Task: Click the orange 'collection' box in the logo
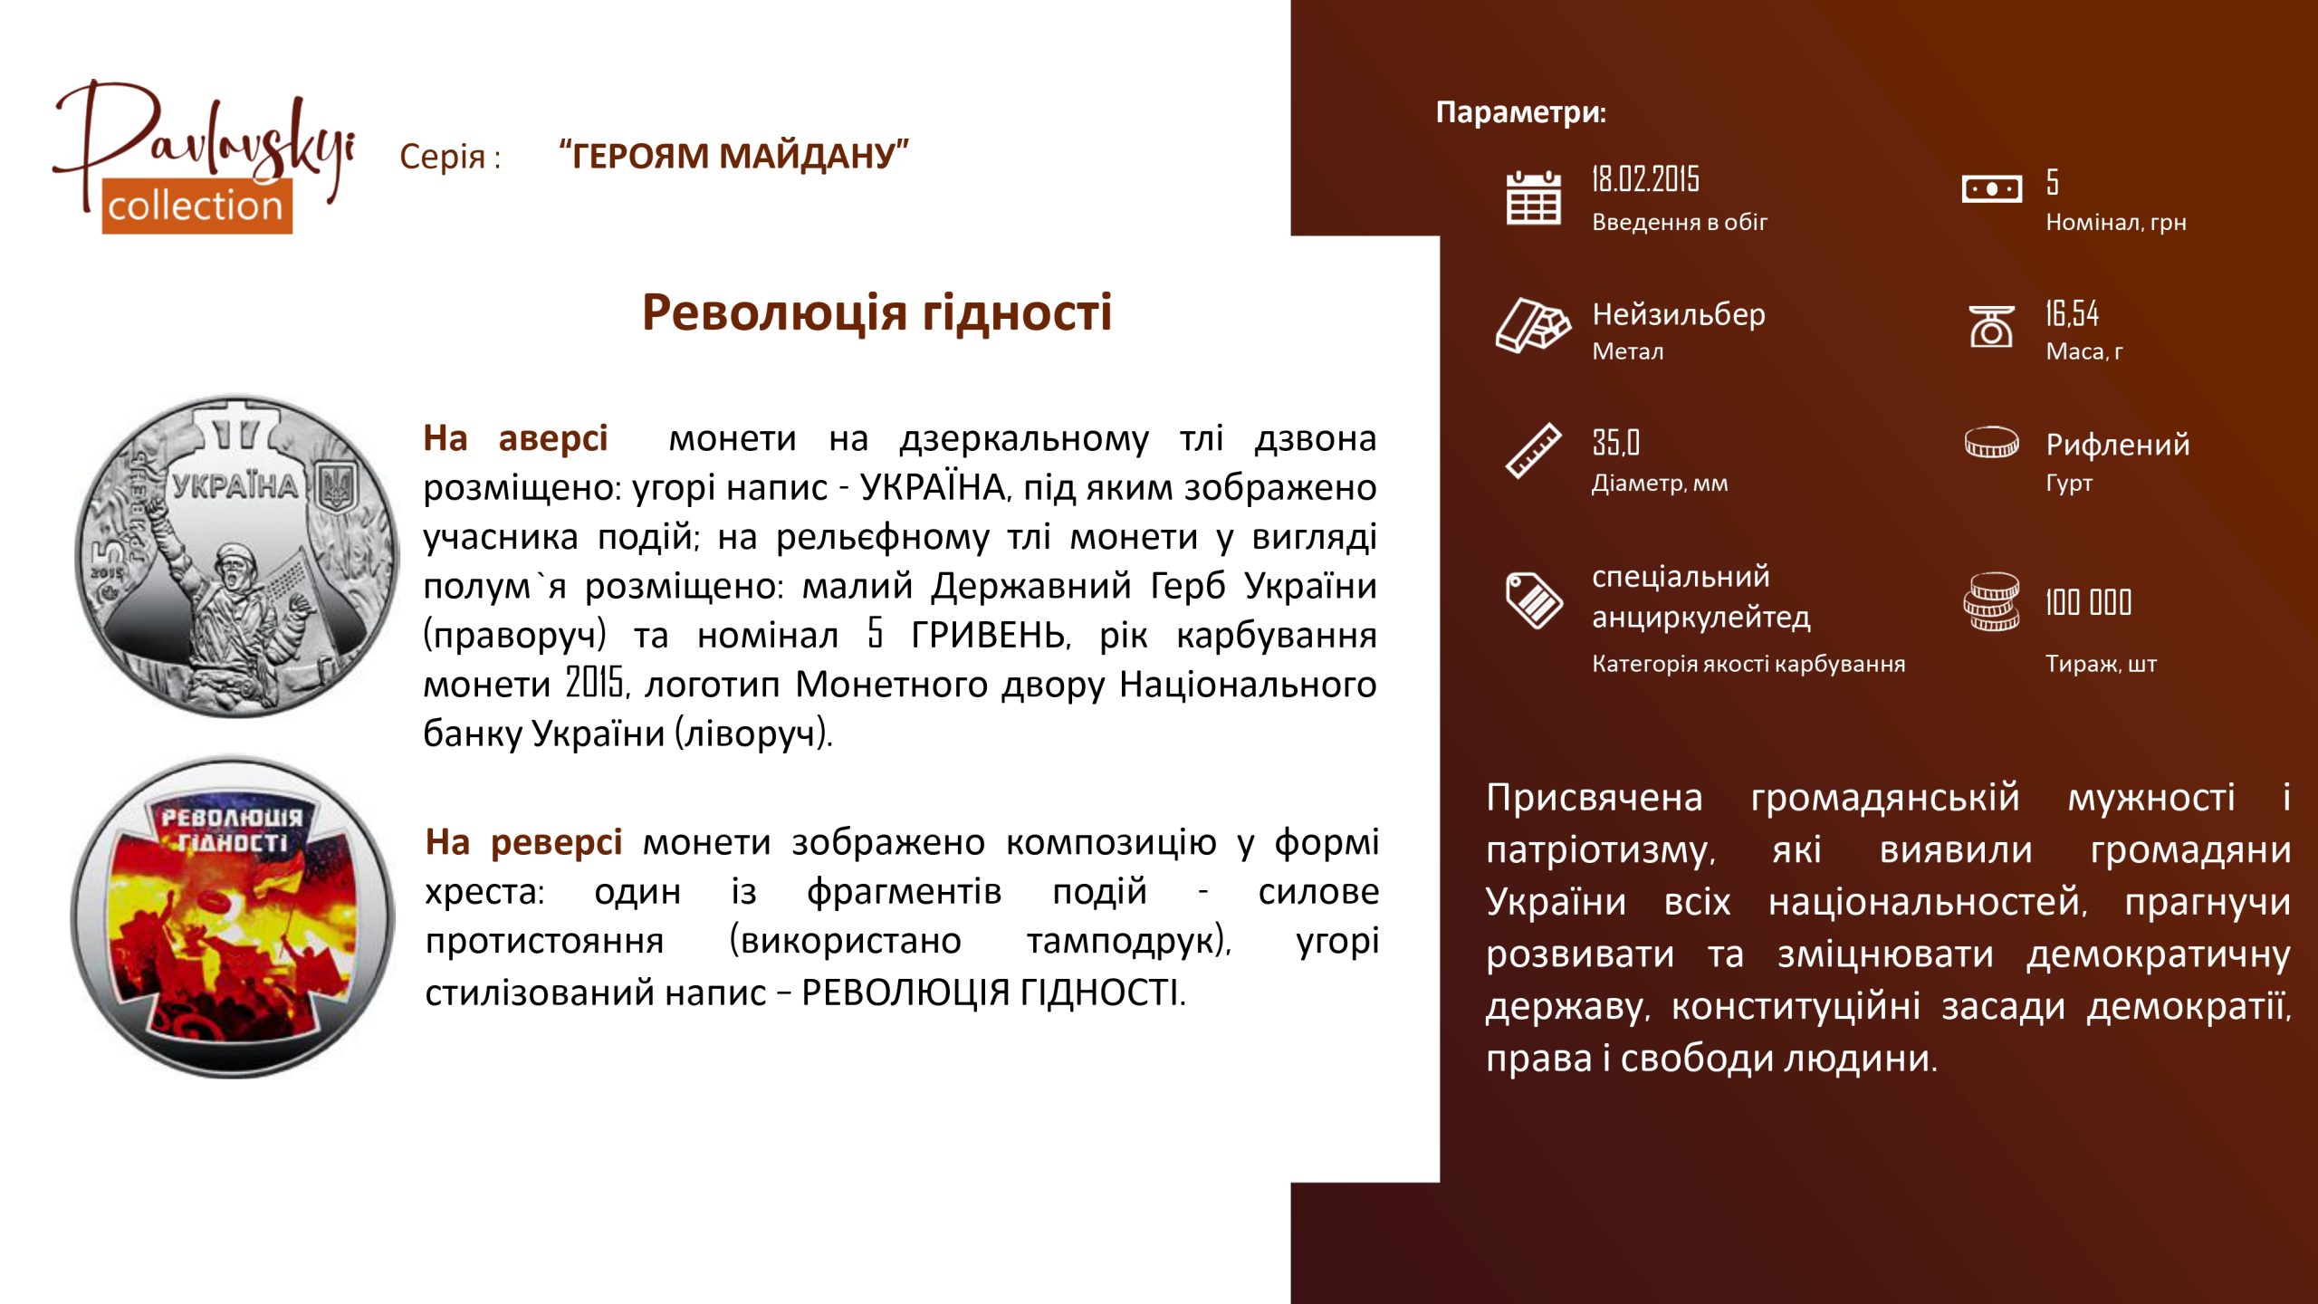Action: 196,206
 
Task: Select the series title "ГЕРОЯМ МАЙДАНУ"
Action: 733,156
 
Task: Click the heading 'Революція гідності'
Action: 876,313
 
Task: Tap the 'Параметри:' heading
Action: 1520,112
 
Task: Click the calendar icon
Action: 1533,197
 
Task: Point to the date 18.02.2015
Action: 1645,179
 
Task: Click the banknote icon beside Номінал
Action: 1991,189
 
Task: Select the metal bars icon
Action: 1532,325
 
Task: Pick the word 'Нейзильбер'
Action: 1679,314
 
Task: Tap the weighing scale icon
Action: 1991,326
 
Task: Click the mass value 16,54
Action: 2072,313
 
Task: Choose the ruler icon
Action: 1533,450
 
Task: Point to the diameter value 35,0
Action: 1615,443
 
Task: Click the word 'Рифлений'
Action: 2118,445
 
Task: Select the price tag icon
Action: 1534,599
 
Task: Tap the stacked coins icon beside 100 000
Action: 1991,601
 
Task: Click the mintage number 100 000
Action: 2088,602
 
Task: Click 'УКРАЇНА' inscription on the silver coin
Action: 235,486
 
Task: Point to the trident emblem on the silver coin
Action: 339,488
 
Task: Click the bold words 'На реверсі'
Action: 523,842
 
